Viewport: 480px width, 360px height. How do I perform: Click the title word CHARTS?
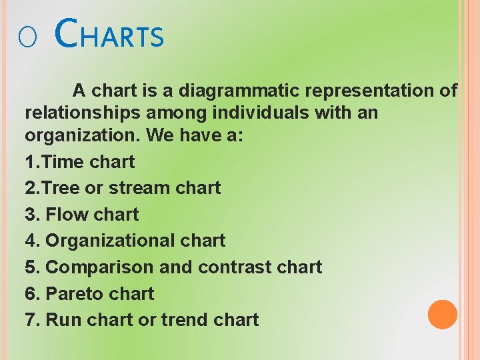point(110,35)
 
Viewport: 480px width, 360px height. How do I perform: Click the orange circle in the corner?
point(443,315)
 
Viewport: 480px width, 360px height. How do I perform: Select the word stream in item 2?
point(139,188)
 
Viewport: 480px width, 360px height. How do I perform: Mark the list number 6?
point(32,293)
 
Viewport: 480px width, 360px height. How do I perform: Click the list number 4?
point(32,241)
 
